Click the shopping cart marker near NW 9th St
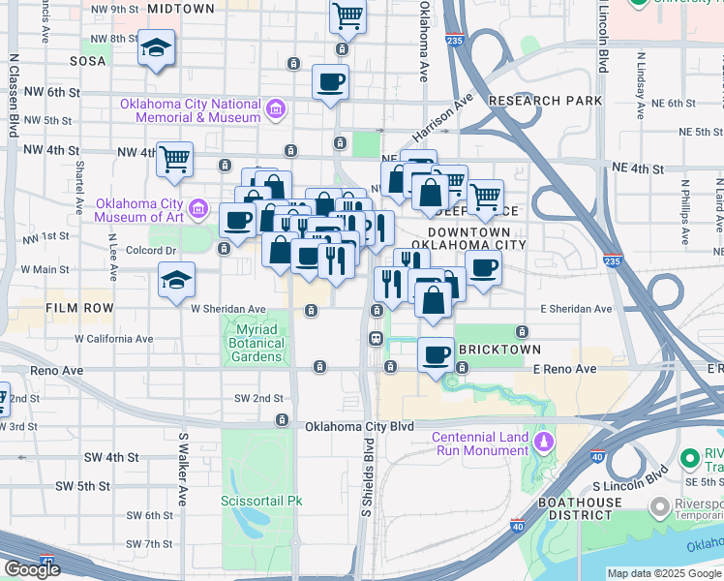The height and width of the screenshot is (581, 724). coord(347,15)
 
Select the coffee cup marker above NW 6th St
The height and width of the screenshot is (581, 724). coord(330,81)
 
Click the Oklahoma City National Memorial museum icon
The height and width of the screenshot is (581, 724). coord(276,107)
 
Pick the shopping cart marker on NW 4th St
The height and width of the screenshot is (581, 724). coord(174,158)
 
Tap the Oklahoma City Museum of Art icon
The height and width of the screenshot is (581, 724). coord(198,207)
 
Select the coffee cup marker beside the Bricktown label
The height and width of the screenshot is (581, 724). coord(437,353)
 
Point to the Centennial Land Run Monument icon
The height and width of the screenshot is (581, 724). coord(543,443)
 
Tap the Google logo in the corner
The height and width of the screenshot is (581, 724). coord(31,569)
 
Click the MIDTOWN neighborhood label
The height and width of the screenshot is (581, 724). coord(182,9)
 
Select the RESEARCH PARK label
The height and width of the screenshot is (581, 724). coord(545,101)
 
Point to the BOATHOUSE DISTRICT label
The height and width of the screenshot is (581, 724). coord(577,508)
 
